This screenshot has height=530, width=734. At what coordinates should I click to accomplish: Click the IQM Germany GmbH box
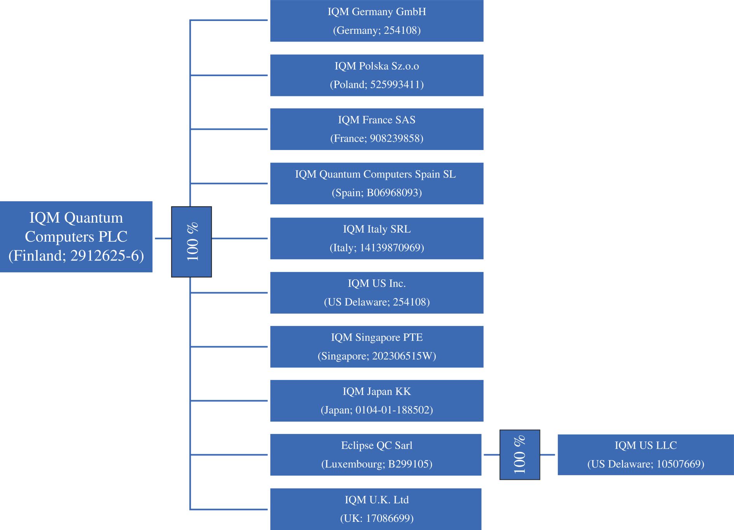pyautogui.click(x=377, y=21)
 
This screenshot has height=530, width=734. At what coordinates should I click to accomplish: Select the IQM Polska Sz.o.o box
pyautogui.click(x=377, y=75)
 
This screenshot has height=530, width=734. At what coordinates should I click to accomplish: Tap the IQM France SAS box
pyautogui.click(x=377, y=129)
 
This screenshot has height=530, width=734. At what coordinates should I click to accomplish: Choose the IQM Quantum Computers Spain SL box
pyautogui.click(x=377, y=183)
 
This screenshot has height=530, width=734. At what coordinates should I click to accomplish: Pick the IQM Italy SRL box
pyautogui.click(x=377, y=238)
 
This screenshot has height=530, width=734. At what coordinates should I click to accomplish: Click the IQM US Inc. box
pyautogui.click(x=377, y=293)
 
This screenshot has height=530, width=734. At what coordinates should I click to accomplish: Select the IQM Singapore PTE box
pyautogui.click(x=377, y=347)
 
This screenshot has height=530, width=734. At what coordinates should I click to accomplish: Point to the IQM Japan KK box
pyautogui.click(x=377, y=401)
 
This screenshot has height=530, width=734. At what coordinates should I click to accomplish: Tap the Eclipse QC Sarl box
pyautogui.click(x=376, y=455)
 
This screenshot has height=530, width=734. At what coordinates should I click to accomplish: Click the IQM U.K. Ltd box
pyautogui.click(x=376, y=509)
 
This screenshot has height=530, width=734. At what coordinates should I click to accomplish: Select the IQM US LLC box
pyautogui.click(x=646, y=455)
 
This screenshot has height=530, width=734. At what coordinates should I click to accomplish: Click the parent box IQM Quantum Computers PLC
pyautogui.click(x=76, y=237)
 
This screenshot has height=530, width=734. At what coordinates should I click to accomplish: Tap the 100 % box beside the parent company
pyautogui.click(x=191, y=242)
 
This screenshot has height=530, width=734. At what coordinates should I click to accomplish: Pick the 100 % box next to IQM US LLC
pyautogui.click(x=520, y=455)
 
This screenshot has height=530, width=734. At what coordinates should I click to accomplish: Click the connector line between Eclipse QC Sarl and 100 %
pyautogui.click(x=491, y=455)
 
